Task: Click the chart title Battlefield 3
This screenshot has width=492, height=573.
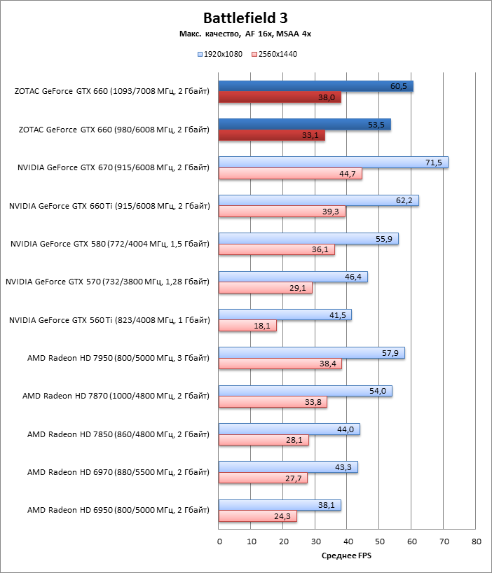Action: [245, 18]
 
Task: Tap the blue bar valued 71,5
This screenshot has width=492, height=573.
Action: [333, 163]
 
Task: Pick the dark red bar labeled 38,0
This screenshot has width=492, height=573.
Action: [280, 97]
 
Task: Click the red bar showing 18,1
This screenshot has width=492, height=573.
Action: [247, 326]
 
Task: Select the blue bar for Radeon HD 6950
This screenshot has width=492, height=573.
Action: [280, 505]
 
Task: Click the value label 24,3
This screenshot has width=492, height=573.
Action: [283, 516]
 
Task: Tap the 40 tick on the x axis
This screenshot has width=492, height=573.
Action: [348, 541]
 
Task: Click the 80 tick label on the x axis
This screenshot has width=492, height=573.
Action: [477, 541]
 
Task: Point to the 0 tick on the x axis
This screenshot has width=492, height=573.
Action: [219, 541]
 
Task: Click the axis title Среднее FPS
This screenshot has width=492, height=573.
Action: [347, 556]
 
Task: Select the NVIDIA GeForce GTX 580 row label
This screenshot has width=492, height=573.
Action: [110, 244]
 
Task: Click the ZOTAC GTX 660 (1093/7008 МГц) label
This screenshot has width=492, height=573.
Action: [111, 91]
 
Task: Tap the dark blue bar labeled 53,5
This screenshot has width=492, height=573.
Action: [304, 125]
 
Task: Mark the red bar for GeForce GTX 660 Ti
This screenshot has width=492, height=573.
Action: [282, 212]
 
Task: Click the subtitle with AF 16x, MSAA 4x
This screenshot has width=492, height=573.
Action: [245, 34]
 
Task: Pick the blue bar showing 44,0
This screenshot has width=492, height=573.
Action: [289, 429]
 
